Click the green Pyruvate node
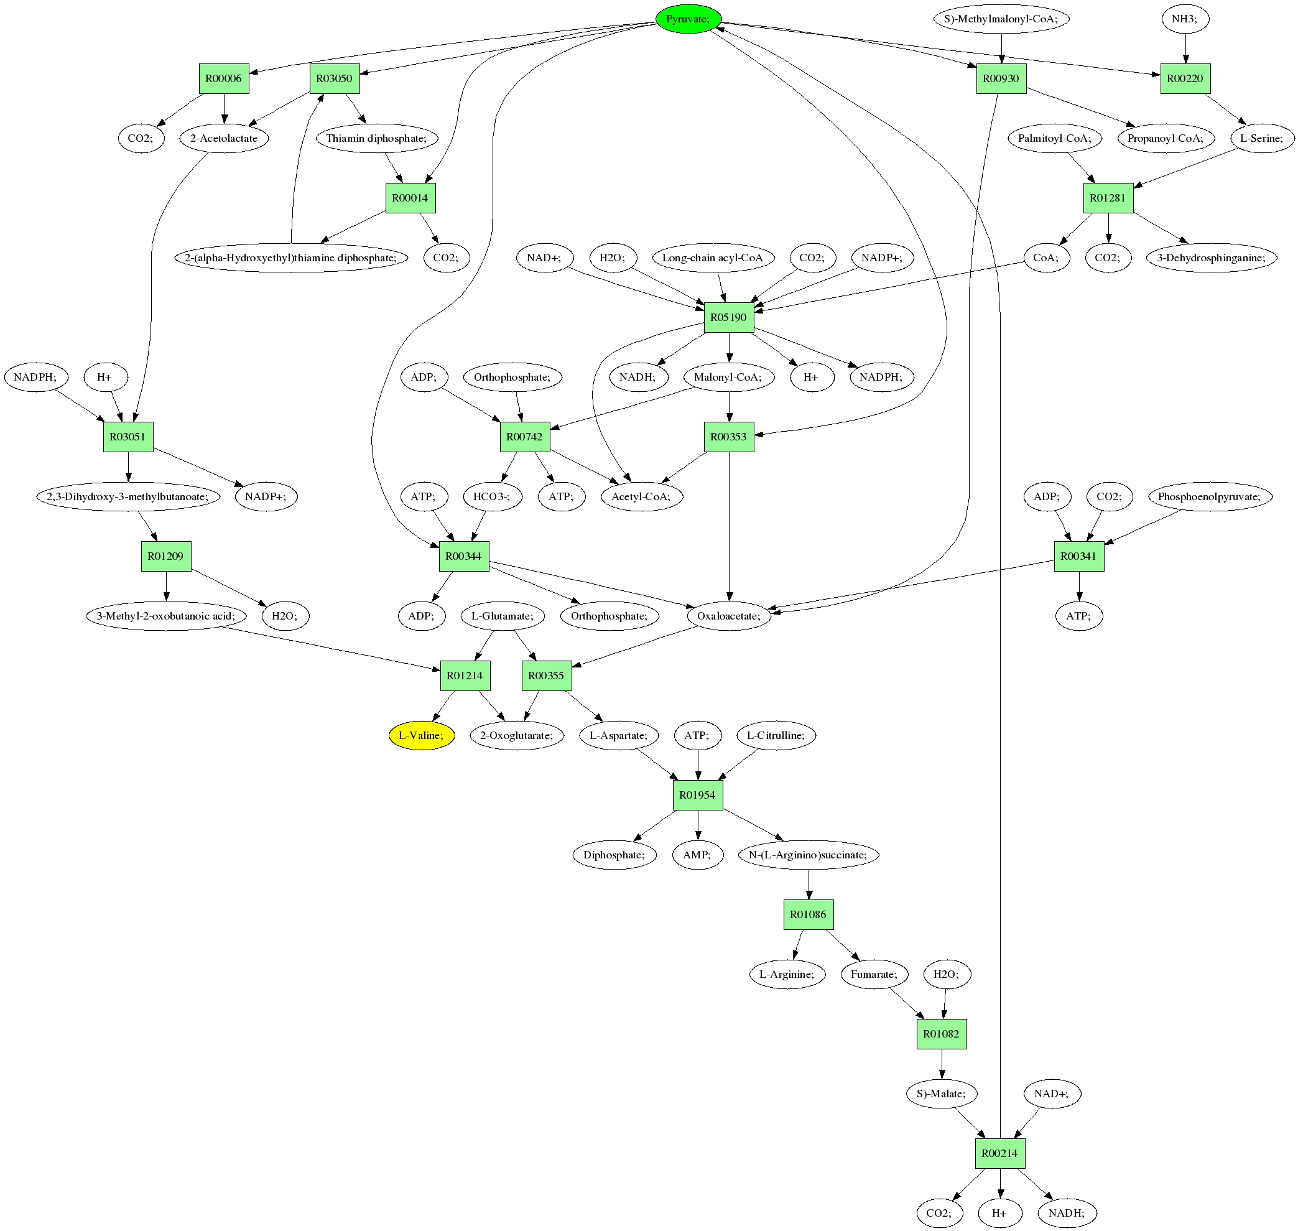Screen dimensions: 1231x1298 click(x=688, y=19)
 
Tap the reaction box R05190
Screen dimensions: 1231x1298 click(x=728, y=318)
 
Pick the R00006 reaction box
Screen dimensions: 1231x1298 click(x=224, y=79)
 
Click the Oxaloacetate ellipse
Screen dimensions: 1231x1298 click(x=728, y=616)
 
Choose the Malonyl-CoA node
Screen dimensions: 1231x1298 click(x=728, y=378)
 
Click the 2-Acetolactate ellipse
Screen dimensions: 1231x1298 click(x=224, y=139)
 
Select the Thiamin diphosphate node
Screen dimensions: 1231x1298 click(x=376, y=139)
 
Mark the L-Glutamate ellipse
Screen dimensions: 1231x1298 click(x=503, y=616)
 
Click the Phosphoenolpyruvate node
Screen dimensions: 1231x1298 click(x=1210, y=496)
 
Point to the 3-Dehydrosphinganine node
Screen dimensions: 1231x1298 click(x=1212, y=258)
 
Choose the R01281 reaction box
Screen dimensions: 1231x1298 click(x=1108, y=198)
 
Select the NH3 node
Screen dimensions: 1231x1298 click(x=1184, y=19)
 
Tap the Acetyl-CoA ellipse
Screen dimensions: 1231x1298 click(x=641, y=496)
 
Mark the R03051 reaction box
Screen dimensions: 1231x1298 click(x=128, y=437)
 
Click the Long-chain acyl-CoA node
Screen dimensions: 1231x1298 click(x=713, y=258)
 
